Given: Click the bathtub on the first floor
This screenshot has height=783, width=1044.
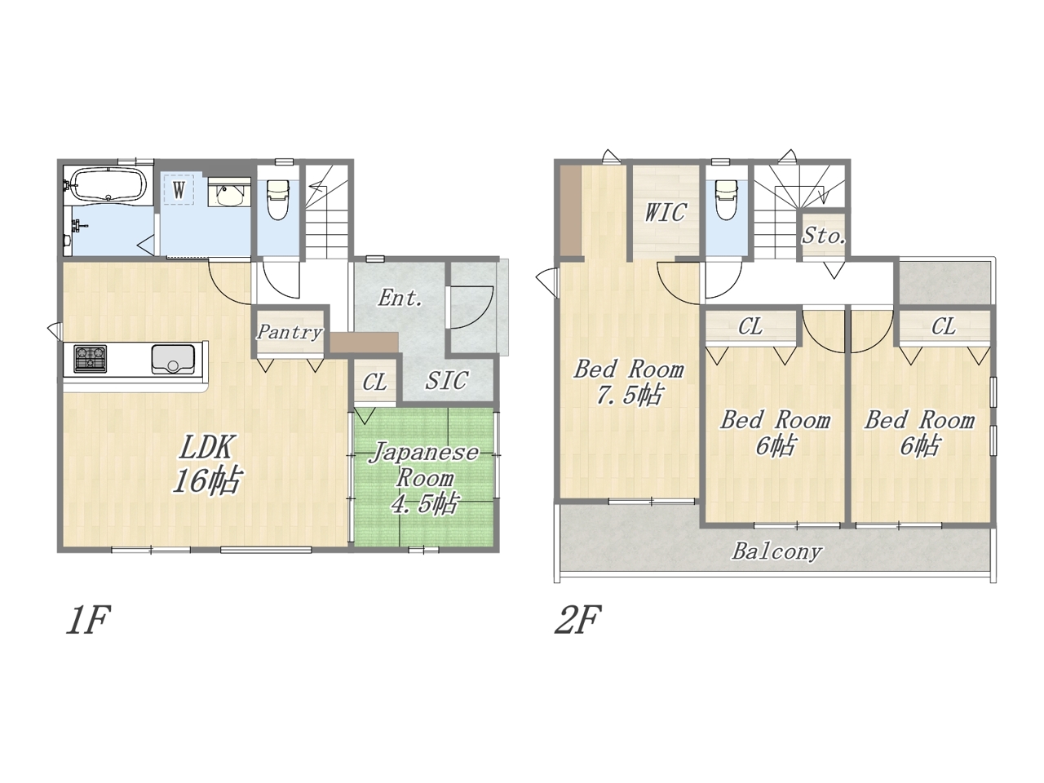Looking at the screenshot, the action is tap(108, 185).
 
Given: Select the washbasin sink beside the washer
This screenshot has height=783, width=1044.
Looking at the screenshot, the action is tap(229, 193).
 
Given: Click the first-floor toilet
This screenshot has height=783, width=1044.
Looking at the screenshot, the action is tap(278, 199).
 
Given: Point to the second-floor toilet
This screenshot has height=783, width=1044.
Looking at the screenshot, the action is tap(726, 199).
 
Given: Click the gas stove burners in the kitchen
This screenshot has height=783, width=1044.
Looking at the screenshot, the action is tap(90, 359).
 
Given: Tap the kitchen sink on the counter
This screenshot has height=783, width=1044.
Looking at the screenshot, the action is tap(173, 359).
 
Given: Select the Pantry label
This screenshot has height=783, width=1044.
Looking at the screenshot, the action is tap(290, 332).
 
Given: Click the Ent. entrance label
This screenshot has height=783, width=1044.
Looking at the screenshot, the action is tap(400, 298).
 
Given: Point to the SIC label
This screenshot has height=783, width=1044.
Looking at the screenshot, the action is tap(446, 380).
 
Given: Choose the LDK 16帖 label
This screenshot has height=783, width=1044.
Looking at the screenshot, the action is tap(207, 464).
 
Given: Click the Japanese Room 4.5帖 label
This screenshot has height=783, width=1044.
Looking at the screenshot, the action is tap(424, 478).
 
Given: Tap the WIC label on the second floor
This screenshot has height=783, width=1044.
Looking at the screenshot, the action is tap(666, 212).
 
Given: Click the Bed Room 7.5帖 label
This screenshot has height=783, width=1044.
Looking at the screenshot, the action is tap(629, 383).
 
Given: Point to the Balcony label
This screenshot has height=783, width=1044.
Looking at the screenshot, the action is tap(776, 551).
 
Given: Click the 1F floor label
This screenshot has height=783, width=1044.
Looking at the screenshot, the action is tap(88, 619).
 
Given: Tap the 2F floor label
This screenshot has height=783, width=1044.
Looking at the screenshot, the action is tap(578, 619).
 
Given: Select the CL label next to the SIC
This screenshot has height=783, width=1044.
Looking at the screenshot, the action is tap(375, 383).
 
